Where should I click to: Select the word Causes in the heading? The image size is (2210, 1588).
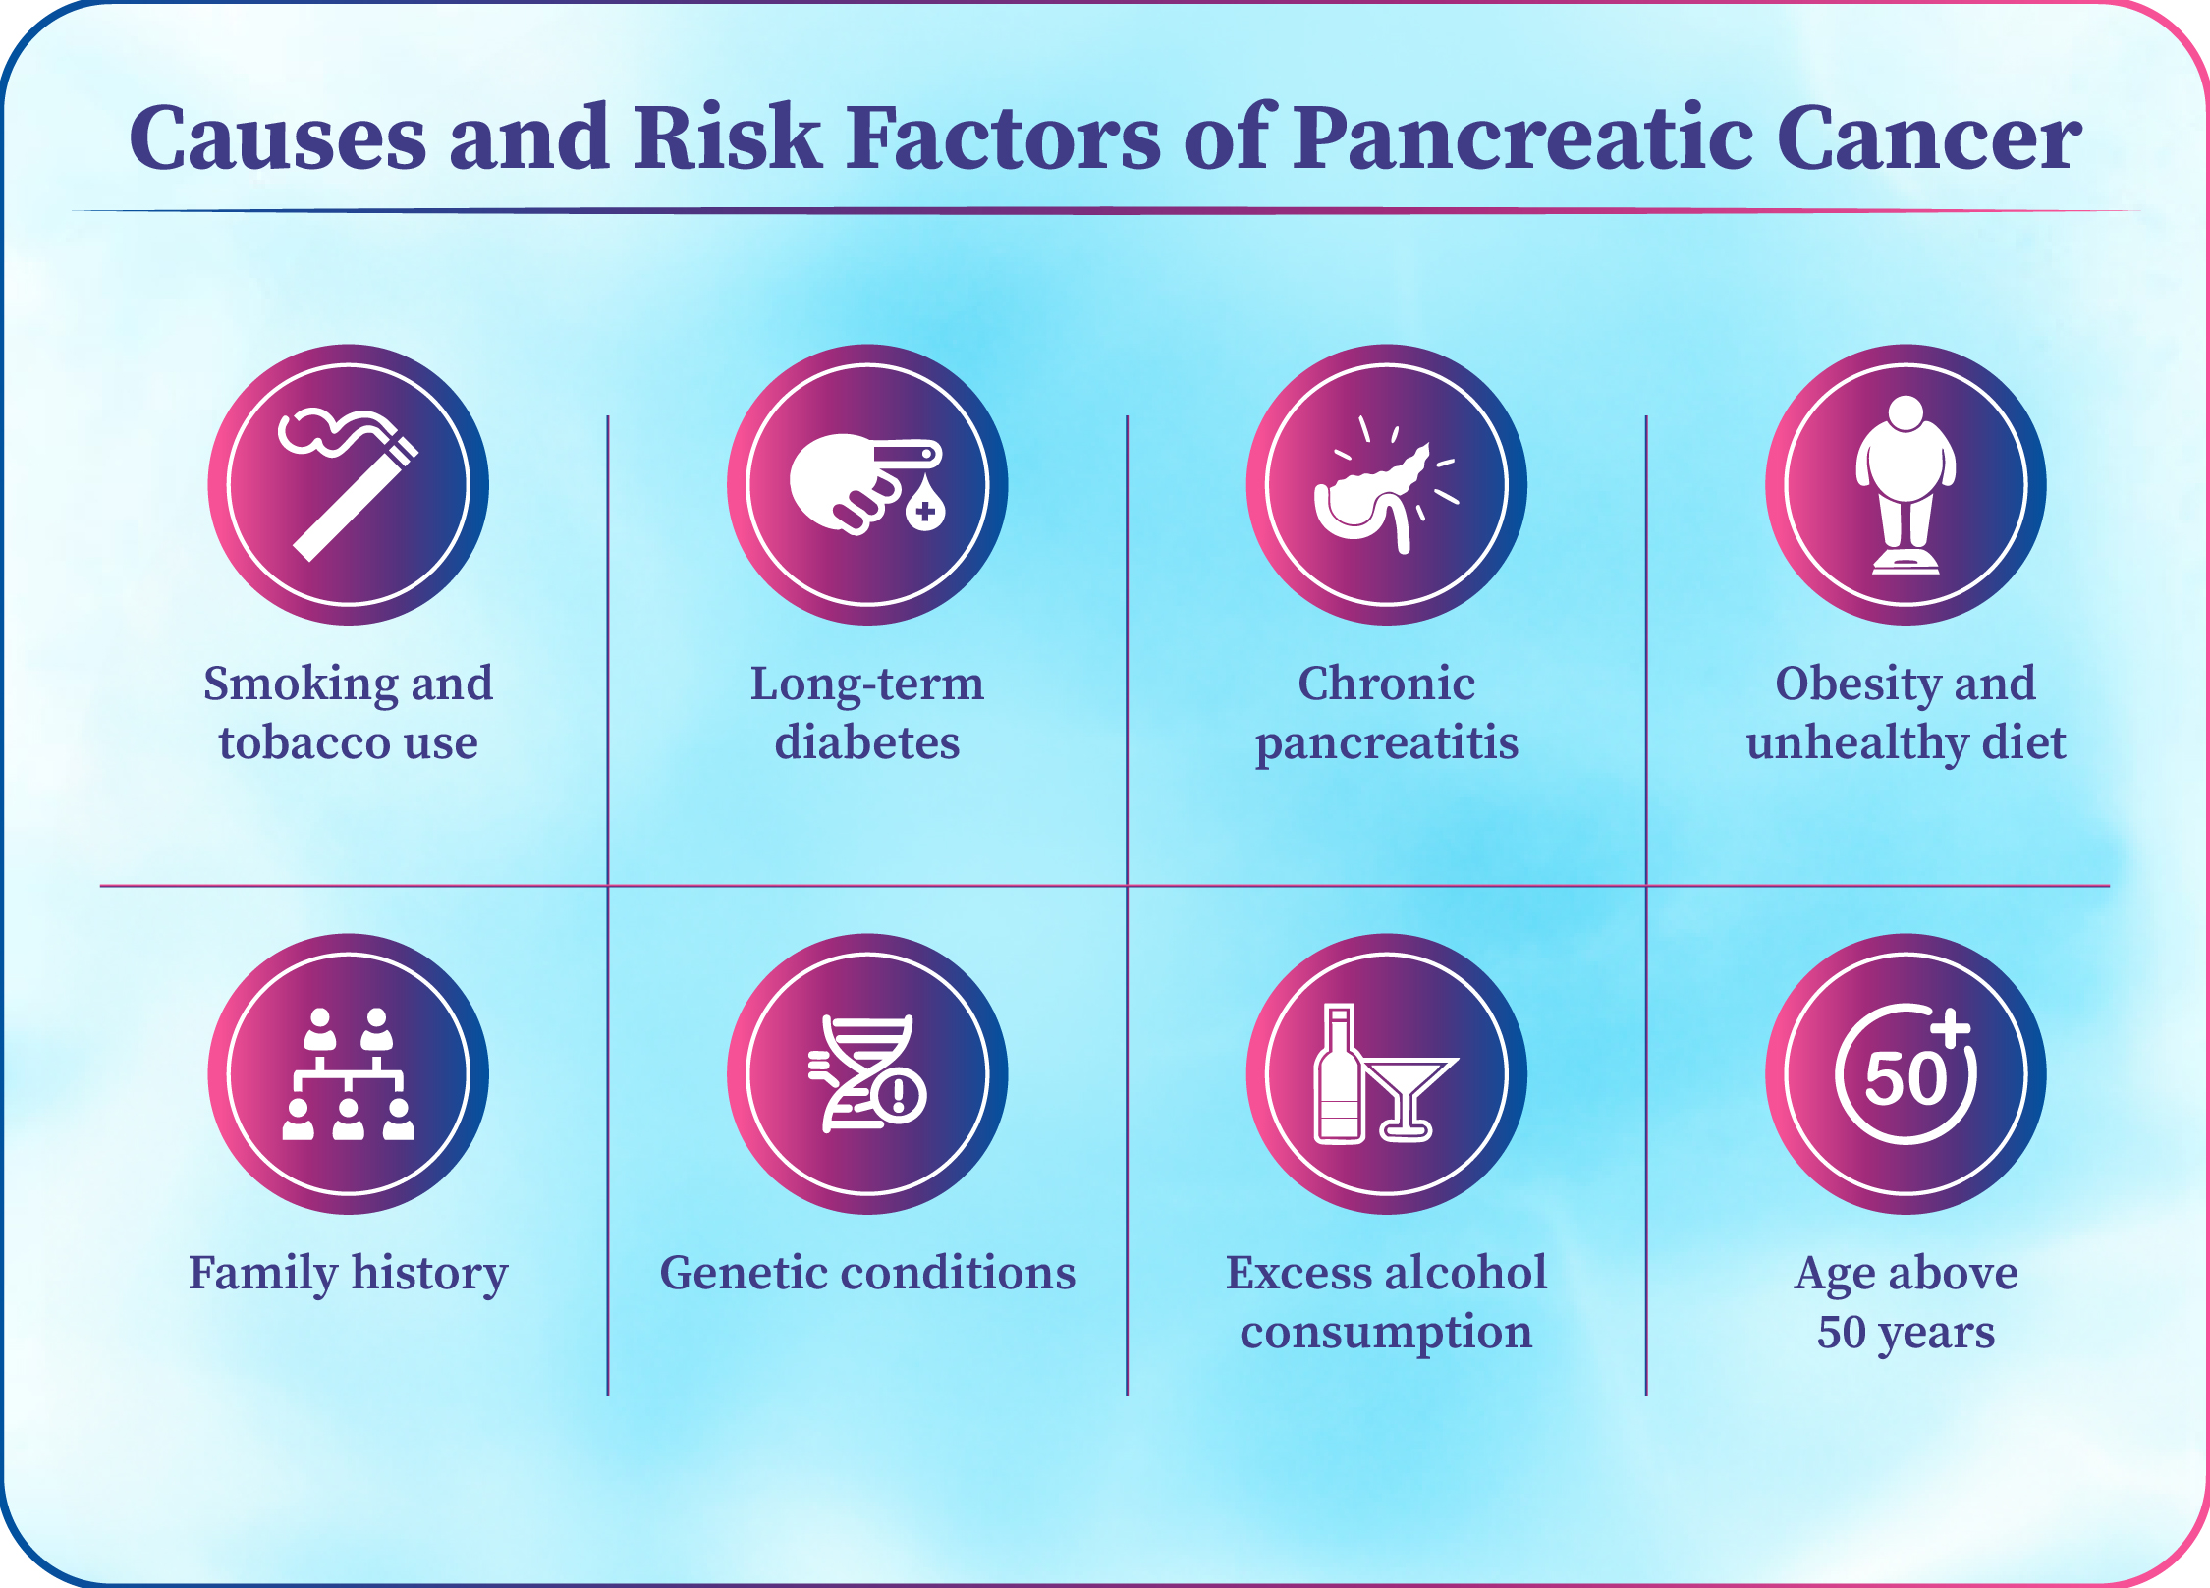[278, 138]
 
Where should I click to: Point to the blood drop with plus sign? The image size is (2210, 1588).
[924, 504]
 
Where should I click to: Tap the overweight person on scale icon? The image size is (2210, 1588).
[1906, 484]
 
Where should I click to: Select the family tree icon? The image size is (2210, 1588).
[349, 1073]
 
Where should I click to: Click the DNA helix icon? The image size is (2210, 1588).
[866, 1073]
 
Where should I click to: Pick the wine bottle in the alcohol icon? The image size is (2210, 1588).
[1339, 1073]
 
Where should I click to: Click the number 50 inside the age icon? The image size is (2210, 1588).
[1905, 1078]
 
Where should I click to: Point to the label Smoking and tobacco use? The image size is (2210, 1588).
[349, 713]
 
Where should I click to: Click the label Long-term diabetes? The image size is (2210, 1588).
[867, 713]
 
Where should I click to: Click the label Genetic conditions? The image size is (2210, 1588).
[867, 1273]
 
